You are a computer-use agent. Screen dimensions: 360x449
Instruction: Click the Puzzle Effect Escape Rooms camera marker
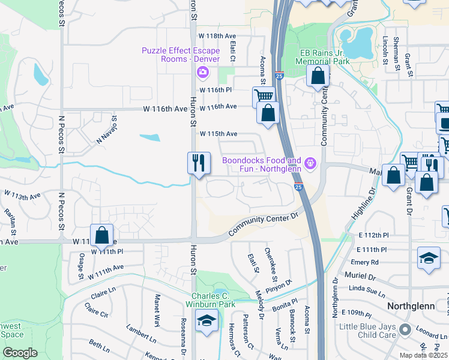202,73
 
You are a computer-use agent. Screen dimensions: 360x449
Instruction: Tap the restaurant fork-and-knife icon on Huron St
199,163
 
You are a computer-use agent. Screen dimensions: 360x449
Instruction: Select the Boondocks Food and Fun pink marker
310,162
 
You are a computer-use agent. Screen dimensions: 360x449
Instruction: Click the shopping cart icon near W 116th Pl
263,95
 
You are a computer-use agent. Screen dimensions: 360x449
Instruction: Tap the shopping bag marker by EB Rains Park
318,76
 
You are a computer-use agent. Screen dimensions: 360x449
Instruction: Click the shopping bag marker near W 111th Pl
101,235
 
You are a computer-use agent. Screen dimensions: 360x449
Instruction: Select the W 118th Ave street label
217,36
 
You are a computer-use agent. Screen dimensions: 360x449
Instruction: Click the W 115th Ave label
218,133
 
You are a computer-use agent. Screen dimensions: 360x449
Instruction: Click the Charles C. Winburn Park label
217,300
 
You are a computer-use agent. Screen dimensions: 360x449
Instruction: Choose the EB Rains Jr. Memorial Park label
325,57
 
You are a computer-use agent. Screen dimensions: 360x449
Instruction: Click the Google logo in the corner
20,353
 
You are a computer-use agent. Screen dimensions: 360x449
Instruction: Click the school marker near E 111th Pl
429,258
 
